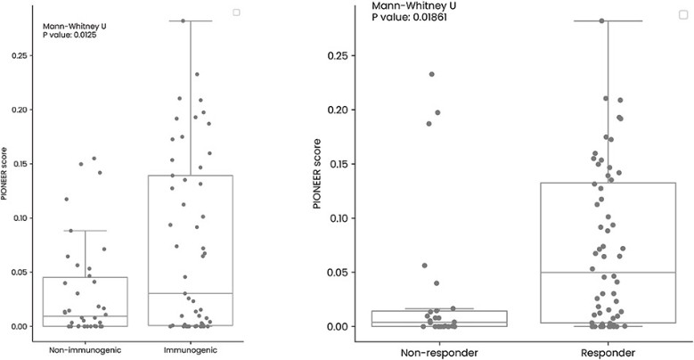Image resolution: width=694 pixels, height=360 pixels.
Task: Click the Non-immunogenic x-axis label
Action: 85,350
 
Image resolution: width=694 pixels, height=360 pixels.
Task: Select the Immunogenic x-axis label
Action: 191,350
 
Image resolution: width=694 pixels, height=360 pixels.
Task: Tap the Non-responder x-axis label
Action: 439,353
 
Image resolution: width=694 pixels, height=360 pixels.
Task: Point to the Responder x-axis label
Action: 608,353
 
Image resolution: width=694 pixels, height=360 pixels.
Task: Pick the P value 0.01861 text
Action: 410,17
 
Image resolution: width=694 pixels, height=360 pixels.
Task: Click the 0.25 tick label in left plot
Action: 20,56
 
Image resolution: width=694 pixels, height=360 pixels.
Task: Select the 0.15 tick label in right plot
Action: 338,164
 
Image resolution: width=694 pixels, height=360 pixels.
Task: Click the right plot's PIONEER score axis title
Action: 317,174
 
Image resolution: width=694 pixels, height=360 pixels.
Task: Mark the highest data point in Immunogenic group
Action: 183,20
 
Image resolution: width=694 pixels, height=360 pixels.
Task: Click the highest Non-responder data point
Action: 431,74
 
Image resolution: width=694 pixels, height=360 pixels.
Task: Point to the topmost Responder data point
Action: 602,20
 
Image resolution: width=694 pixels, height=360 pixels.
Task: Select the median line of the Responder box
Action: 608,273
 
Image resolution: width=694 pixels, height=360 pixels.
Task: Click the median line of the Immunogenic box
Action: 191,293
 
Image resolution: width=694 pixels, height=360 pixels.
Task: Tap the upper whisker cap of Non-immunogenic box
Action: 85,231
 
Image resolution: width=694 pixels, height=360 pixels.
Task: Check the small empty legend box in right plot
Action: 683,14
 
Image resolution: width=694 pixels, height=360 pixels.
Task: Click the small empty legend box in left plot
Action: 237,12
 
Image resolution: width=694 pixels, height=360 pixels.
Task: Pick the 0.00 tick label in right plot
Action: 338,326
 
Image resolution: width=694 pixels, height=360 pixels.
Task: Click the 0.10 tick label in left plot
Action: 20,218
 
